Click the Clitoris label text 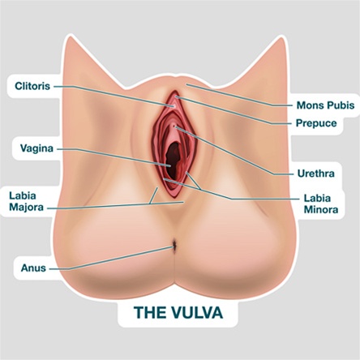pos(32,86)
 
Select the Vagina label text pos(36,148)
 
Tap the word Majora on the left pos(26,208)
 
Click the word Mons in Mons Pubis pos(310,105)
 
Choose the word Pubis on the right pos(341,105)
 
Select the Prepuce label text pos(316,123)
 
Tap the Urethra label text pos(316,174)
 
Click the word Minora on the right pos(321,210)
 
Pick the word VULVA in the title pos(197,312)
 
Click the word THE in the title pos(151,312)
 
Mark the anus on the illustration pos(174,246)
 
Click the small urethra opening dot pos(174,126)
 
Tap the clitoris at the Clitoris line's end pos(174,106)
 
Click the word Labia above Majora pos(23,195)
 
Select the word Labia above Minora pos(317,198)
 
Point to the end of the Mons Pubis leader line pos(186,84)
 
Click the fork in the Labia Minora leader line pos(200,189)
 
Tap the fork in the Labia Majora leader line pos(150,204)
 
